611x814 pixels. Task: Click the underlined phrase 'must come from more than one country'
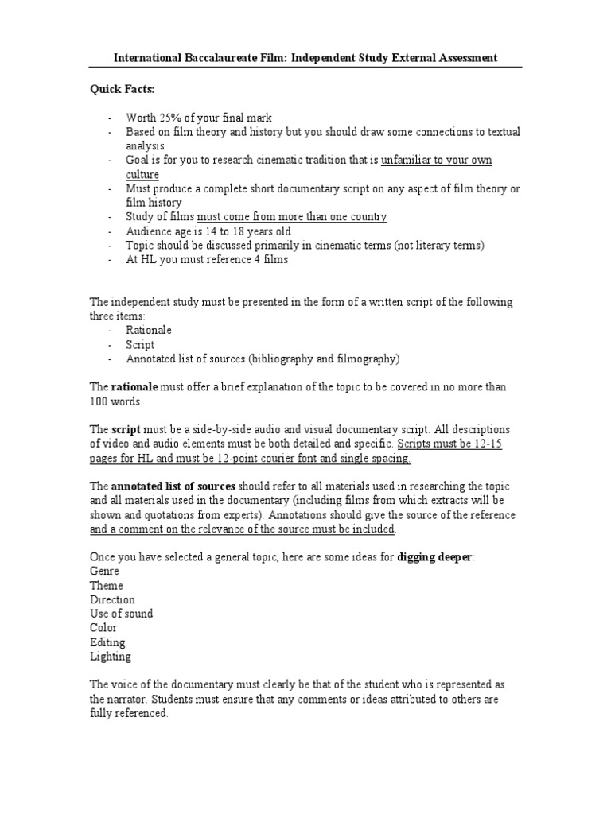292,217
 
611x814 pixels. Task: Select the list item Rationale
149,330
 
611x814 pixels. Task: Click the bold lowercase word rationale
134,387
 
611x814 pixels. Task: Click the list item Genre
105,572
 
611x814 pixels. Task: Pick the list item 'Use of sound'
121,614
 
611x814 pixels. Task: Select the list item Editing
107,642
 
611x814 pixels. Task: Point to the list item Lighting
111,657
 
